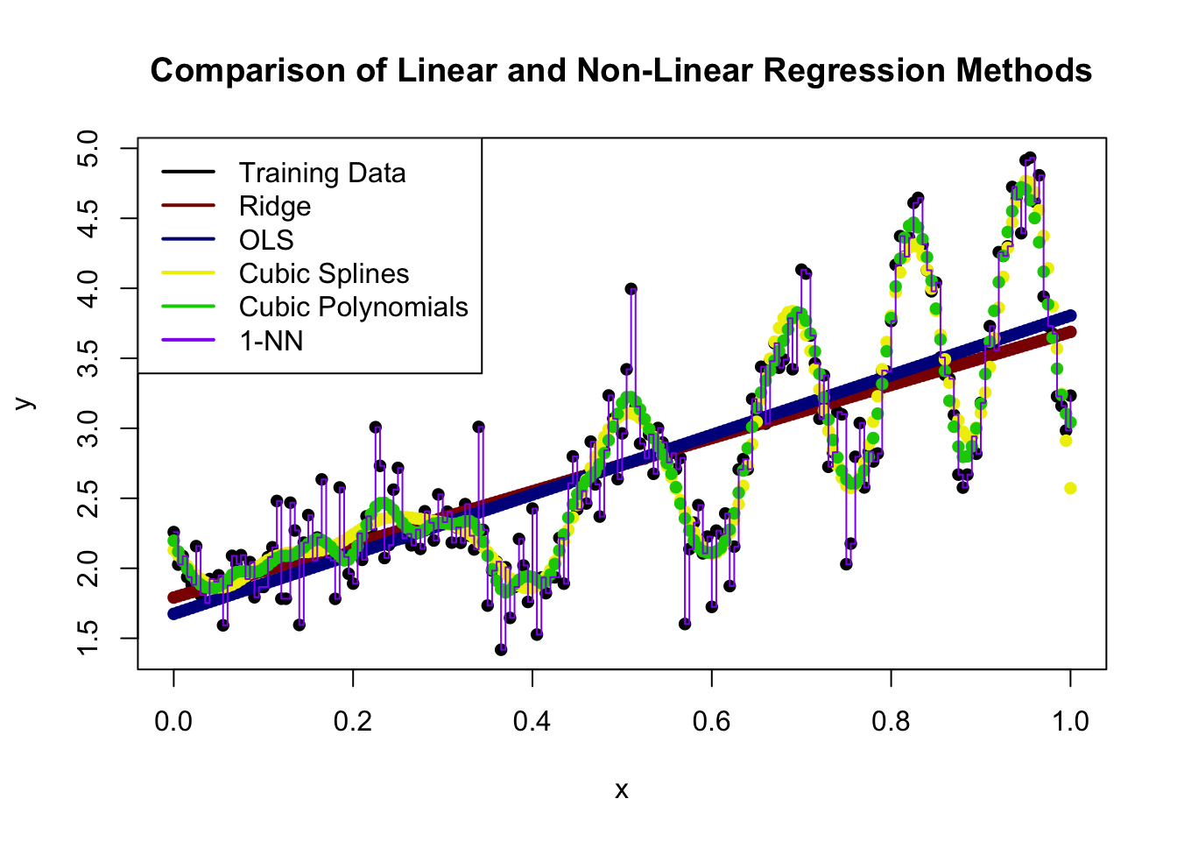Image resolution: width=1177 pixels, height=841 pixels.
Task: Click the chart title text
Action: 621,70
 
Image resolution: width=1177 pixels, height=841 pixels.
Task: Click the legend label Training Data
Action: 322,173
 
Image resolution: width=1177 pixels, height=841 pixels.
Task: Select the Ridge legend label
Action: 275,206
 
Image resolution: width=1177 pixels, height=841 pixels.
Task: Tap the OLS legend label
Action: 266,239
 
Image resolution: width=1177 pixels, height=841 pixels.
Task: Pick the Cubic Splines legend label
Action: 324,273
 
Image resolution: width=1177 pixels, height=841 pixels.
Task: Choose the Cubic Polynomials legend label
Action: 354,307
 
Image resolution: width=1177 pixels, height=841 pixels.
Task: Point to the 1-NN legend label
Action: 271,340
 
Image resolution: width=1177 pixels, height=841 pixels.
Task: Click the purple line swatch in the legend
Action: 188,340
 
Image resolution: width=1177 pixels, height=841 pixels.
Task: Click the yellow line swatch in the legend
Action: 188,273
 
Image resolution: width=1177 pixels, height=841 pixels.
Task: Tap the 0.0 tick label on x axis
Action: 173,721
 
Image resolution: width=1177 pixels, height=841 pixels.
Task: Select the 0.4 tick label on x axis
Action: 532,721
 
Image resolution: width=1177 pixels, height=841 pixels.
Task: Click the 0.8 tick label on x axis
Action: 891,721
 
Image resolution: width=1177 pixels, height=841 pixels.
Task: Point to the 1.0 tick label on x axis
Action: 1070,721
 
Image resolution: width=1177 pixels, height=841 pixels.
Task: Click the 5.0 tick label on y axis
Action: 88,149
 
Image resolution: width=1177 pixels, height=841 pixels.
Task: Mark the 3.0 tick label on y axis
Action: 88,428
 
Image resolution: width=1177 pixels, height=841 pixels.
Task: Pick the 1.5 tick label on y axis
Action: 88,639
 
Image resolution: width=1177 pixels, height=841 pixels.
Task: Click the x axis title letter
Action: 622,790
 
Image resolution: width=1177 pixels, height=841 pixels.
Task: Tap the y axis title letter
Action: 25,403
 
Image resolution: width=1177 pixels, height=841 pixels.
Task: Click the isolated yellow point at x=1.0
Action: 1070,488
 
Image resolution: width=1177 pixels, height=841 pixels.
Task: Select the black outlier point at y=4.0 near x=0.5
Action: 631,288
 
